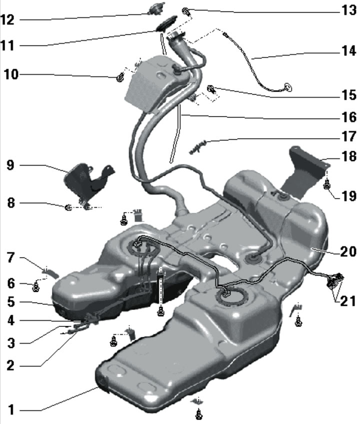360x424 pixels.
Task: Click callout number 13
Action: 349,11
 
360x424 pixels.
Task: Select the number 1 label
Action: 11,409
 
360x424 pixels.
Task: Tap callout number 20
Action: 348,251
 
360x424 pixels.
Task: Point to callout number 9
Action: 10,165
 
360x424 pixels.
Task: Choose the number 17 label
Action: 349,136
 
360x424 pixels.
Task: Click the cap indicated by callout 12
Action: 156,9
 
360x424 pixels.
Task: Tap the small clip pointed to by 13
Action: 186,12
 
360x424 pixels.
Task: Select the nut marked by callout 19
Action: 327,185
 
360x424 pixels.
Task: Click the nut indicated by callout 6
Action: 35,287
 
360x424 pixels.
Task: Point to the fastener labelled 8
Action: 68,208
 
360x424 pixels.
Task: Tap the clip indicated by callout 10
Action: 119,78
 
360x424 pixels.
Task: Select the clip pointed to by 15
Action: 211,89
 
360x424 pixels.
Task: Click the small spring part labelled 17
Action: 197,147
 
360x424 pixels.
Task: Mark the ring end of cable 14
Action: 287,88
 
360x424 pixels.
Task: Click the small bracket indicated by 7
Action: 51,272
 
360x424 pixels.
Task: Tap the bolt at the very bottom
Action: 199,415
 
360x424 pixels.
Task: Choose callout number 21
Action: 348,301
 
